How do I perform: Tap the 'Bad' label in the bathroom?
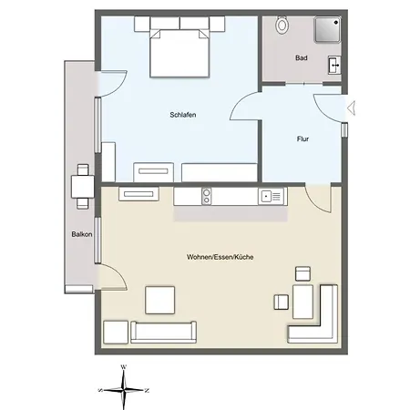(x=302, y=58)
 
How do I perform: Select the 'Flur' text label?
(x=303, y=139)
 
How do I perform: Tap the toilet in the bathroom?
(x=282, y=25)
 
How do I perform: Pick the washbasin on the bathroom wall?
(x=335, y=64)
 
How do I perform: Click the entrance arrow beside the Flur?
(x=353, y=108)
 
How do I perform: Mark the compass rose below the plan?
(x=123, y=387)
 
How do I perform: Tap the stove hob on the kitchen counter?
(x=207, y=194)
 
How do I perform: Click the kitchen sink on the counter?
(x=272, y=194)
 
